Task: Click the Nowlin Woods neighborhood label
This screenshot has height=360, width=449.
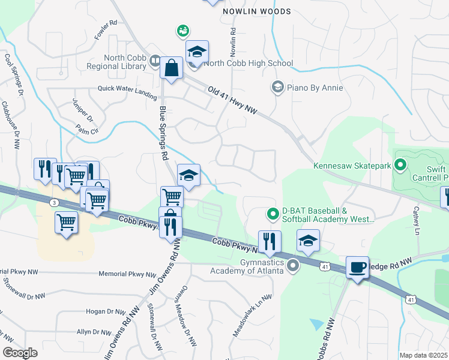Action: tap(256, 11)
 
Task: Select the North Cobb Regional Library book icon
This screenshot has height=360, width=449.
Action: tap(155, 61)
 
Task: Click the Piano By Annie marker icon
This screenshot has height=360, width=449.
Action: tap(277, 88)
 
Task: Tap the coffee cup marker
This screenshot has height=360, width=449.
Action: tap(357, 267)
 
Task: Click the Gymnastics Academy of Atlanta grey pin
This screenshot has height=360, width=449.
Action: tap(294, 265)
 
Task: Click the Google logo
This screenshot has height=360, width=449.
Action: tap(20, 353)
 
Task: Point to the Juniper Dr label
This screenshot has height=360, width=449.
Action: tap(82, 110)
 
